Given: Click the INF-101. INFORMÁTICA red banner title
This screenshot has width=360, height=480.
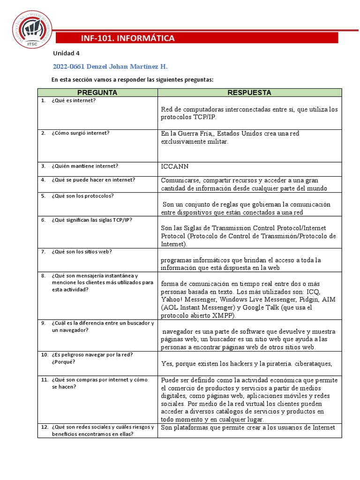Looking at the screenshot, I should tap(128, 38).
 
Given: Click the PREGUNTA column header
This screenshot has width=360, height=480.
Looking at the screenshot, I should tap(97, 92).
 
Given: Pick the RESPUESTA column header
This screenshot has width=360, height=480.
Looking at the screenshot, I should tap(249, 92).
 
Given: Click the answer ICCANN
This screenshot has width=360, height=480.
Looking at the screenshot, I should tap(175, 166).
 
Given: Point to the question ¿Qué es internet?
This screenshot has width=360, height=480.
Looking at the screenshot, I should tap(74, 101).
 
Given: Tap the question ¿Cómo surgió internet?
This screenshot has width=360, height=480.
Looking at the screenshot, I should tap(81, 133).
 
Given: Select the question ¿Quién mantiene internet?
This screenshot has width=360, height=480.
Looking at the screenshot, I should tap(85, 165).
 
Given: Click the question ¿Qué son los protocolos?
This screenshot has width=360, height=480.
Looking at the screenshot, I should tap(83, 196).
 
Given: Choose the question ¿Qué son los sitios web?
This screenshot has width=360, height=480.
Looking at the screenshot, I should tap(82, 252).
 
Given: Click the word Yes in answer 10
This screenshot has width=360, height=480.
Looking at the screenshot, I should tap(167, 363).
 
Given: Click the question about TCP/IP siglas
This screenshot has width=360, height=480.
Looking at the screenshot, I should tap(92, 220).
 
